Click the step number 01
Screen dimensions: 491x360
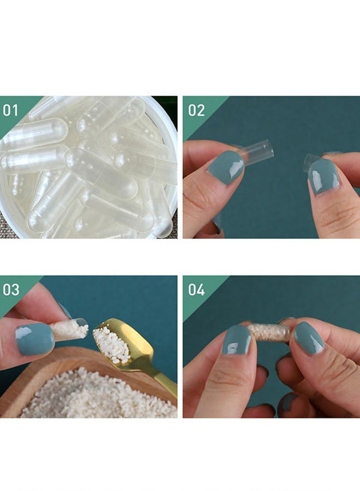(10, 111)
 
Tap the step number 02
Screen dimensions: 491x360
(196, 111)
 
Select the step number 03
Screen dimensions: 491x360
(11, 290)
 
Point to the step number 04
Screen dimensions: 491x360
(196, 290)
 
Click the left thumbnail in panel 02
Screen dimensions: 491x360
(226, 167)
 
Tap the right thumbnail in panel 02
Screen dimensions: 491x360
(323, 176)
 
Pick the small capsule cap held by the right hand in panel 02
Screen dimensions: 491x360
(311, 159)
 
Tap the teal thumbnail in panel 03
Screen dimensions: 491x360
(34, 339)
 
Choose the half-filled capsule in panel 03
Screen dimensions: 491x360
(71, 329)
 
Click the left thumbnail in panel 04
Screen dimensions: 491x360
(237, 340)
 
